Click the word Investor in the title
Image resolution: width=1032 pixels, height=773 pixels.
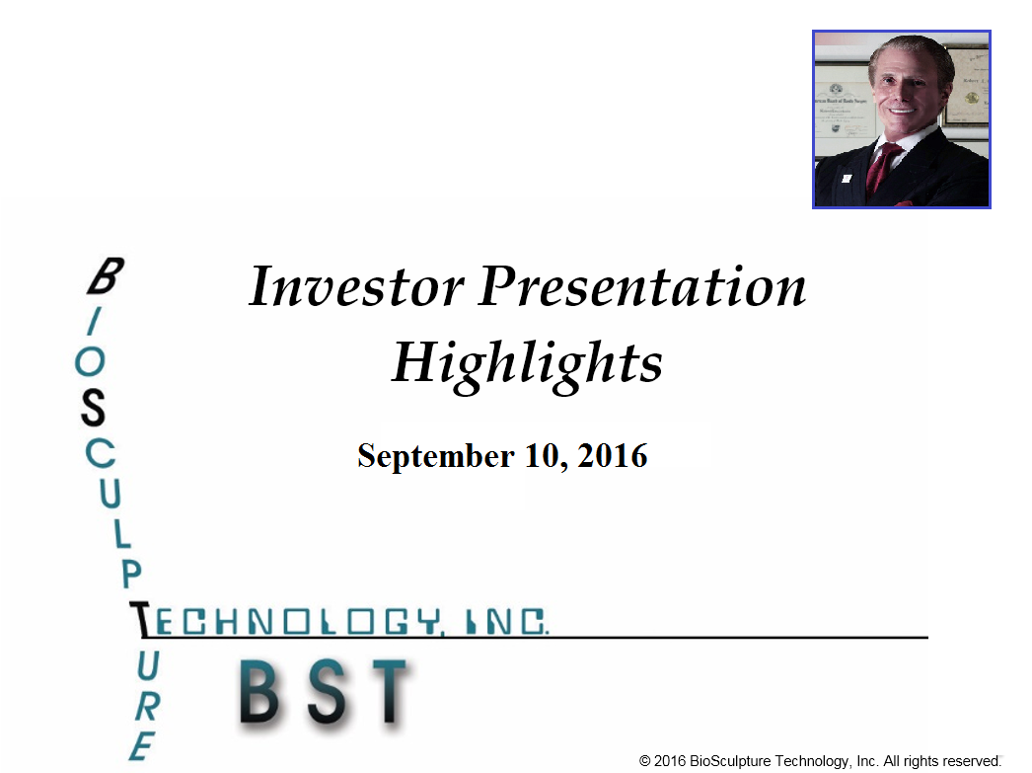coord(356,287)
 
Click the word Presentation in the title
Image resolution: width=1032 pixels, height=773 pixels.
coord(642,287)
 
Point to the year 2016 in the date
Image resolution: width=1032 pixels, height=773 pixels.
coord(613,456)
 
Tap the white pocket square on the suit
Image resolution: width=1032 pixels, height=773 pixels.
coord(847,179)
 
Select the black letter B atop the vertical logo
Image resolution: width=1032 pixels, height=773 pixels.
coord(106,275)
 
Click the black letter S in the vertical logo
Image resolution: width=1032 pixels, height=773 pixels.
coord(93,408)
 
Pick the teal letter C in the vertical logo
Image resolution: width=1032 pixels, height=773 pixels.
coord(100,454)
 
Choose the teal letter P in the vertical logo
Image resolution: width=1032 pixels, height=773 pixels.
coord(131,575)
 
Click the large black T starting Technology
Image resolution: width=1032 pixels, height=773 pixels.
coord(139,620)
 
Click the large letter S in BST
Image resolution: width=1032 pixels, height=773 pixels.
coord(328,691)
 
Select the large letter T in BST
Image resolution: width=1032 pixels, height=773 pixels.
coord(390,691)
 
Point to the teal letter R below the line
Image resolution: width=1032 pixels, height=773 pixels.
coord(147,707)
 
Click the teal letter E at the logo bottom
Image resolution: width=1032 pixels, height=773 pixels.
coord(142,746)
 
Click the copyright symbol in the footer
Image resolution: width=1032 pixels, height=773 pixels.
coord(645,761)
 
